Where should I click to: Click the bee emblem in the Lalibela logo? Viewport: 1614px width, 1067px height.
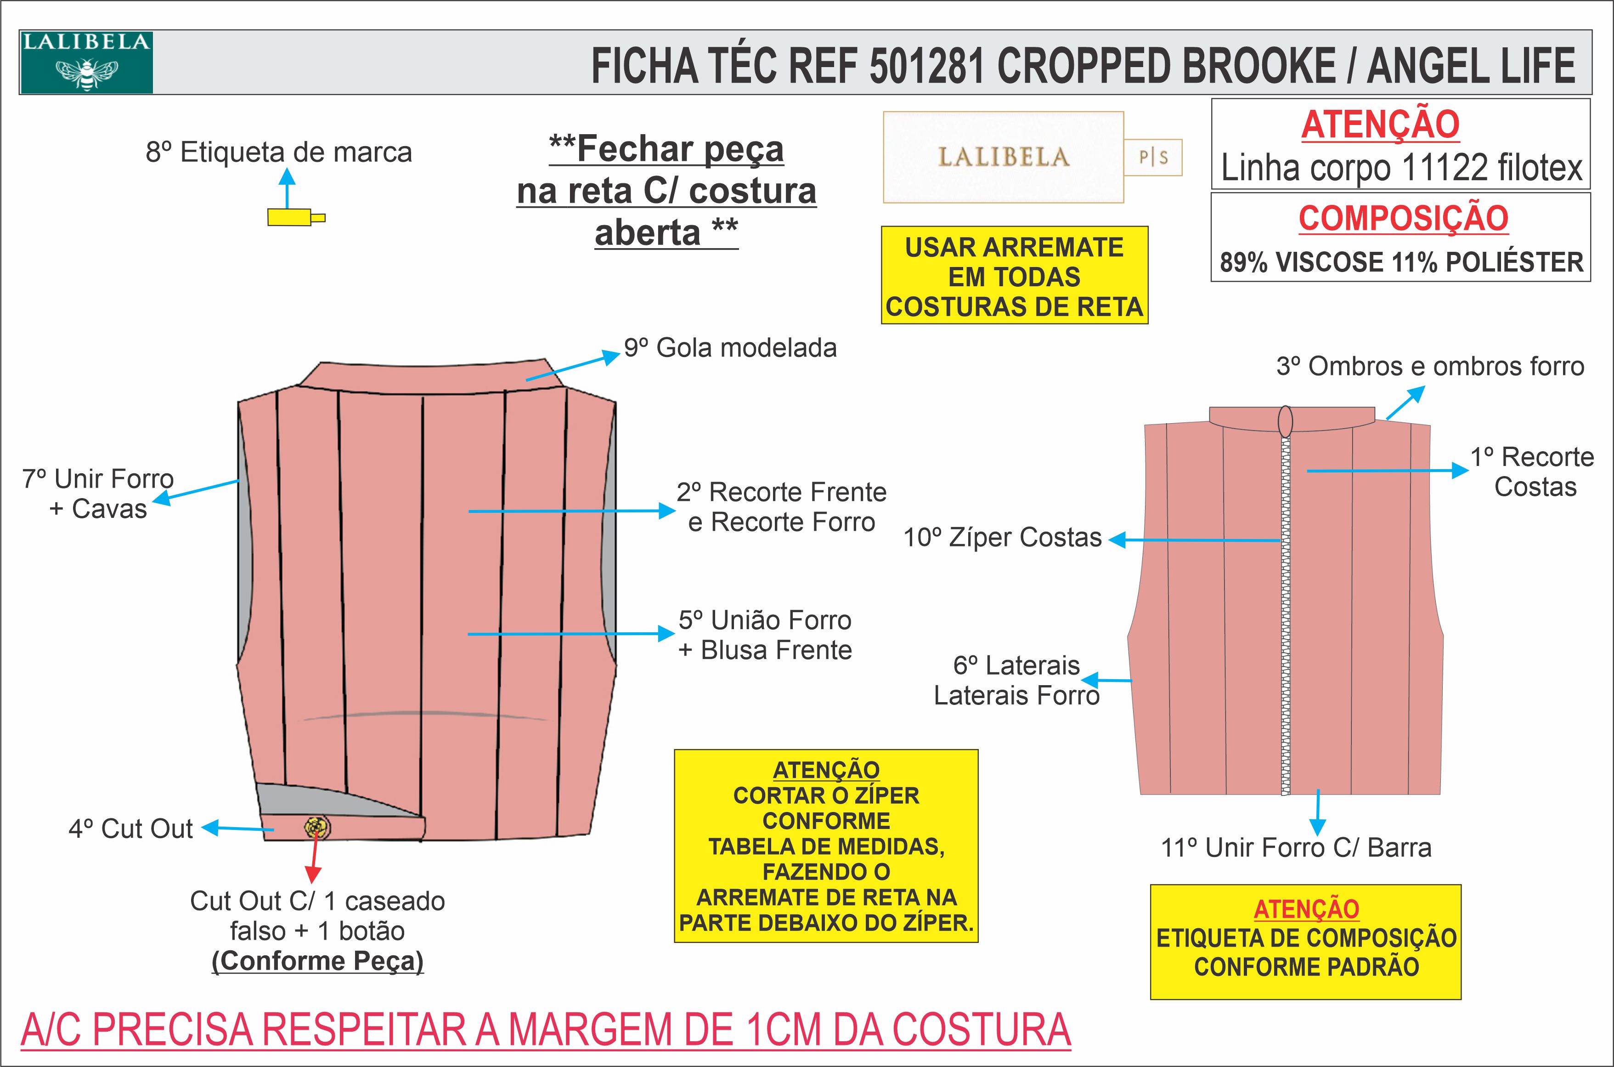pyautogui.click(x=86, y=72)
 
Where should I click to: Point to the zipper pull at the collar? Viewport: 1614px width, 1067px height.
pyautogui.click(x=1285, y=422)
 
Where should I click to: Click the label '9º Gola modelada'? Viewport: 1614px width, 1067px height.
pyautogui.click(x=730, y=348)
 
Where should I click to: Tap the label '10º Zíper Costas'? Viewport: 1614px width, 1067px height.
pyautogui.click(x=1002, y=538)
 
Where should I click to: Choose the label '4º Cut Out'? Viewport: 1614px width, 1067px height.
pyautogui.click(x=130, y=829)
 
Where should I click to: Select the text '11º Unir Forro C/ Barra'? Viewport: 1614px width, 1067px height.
pyautogui.click(x=1296, y=848)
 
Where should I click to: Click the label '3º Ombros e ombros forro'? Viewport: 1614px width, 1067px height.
pyautogui.click(x=1430, y=367)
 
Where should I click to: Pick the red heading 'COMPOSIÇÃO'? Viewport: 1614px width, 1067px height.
pyautogui.click(x=1403, y=218)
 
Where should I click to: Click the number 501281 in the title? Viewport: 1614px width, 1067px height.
pyautogui.click(x=926, y=66)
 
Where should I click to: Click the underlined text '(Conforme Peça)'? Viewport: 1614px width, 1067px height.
pyautogui.click(x=318, y=961)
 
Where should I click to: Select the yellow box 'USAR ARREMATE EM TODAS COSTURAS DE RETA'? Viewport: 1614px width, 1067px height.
pyautogui.click(x=1014, y=276)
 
